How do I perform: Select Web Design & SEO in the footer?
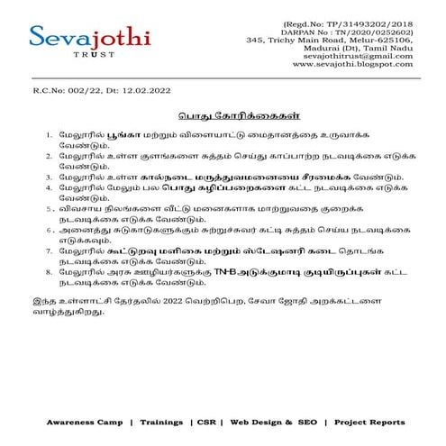(274, 422)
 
